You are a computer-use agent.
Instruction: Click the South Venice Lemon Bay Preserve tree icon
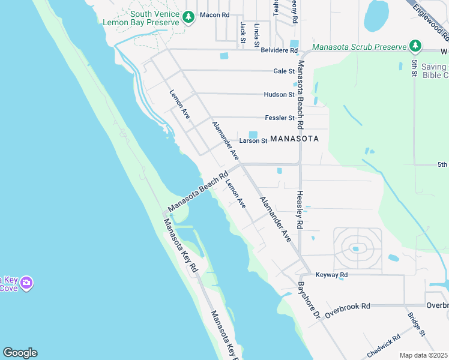189,17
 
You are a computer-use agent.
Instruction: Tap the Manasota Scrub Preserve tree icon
415,46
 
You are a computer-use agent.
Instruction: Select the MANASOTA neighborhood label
294,139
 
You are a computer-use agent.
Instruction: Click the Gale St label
283,71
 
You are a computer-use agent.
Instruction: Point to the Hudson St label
279,94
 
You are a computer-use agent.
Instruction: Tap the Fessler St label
280,118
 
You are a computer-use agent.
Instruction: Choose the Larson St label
253,141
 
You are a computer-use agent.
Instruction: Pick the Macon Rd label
214,14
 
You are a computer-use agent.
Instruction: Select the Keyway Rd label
331,275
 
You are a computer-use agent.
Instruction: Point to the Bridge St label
416,324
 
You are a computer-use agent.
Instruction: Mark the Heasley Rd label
300,211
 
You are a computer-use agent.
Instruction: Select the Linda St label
257,34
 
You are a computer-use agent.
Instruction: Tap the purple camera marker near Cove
26,282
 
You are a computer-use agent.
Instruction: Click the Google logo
20,353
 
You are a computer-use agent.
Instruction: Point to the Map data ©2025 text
423,355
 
